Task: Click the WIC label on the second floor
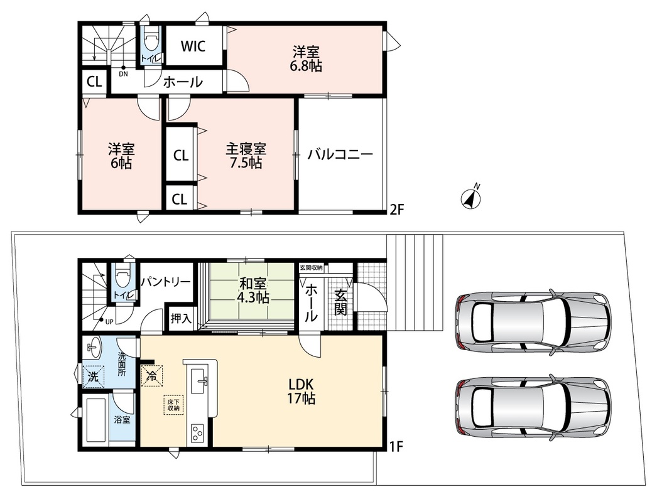coord(193,46)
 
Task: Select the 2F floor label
coord(397,209)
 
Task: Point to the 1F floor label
coord(396,447)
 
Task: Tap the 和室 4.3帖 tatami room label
coord(253,290)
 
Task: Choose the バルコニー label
coord(340,155)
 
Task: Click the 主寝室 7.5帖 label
coord(246,156)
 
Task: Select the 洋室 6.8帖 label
coord(307,59)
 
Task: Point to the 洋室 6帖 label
coord(121,156)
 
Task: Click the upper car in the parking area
coord(532,321)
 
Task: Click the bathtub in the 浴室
coord(95,420)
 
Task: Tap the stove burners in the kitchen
coord(197,432)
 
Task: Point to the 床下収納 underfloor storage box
coord(174,404)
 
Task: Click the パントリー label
coord(166,282)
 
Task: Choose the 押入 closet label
coord(181,319)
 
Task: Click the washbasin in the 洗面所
coord(92,348)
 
